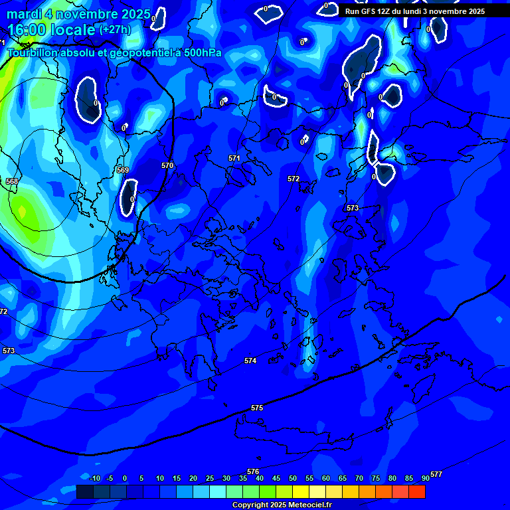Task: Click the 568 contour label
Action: [12, 181]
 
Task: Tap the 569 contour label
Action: [122, 171]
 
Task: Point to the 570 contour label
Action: [167, 165]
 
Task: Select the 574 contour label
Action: [250, 361]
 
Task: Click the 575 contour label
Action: [257, 408]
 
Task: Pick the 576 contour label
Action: [253, 471]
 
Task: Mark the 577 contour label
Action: [436, 474]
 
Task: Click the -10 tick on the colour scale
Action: [94, 479]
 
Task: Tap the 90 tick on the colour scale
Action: [426, 479]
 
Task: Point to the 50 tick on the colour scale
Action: [293, 479]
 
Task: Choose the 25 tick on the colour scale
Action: [210, 479]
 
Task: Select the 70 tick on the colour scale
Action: [359, 479]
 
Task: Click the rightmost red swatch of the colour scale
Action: [416, 491]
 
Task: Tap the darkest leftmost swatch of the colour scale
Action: [84, 491]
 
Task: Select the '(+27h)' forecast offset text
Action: [115, 29]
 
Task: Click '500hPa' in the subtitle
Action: [199, 52]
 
